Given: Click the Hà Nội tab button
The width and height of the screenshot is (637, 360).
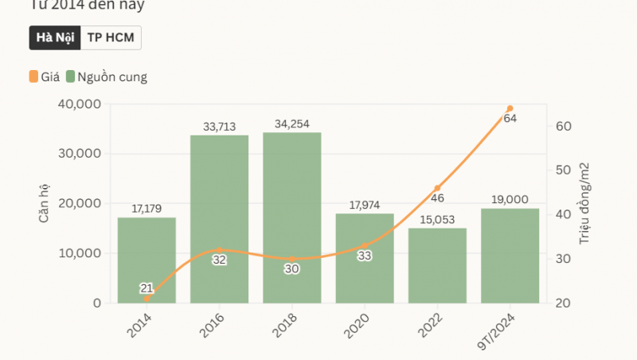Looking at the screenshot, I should point(55,38).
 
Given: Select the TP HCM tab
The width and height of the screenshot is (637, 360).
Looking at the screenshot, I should point(111,38).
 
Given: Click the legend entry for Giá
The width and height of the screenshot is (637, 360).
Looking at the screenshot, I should point(45,77).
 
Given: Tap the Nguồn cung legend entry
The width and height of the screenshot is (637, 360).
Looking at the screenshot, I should point(107,77).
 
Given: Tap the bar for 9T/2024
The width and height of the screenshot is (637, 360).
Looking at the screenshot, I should point(510,263).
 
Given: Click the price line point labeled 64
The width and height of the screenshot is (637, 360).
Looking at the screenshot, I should point(510,108).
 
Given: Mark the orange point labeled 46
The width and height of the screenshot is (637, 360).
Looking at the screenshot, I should point(437,188).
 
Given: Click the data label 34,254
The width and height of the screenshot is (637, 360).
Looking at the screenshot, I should point(291,124).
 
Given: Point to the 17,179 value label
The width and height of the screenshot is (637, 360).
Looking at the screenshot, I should point(147,209).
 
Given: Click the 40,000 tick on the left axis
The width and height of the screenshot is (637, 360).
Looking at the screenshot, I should point(80,104).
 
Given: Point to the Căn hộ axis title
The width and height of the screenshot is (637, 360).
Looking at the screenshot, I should point(44,203).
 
